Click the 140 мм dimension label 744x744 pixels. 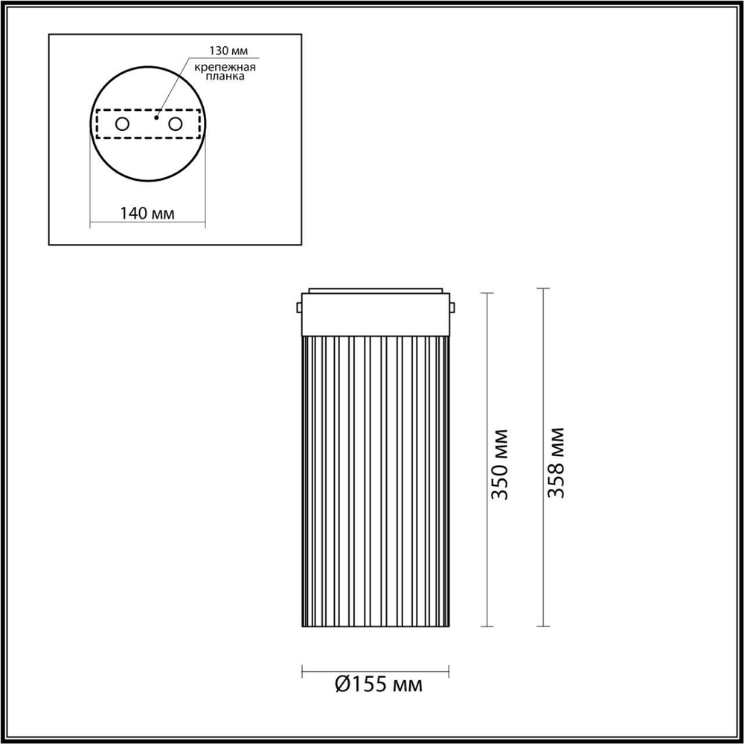click(147, 214)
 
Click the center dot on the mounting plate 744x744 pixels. click(155, 117)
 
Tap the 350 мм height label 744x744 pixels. click(501, 463)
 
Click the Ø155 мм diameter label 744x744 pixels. click(378, 684)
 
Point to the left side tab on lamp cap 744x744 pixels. click(298, 307)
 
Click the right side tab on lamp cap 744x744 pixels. click(453, 307)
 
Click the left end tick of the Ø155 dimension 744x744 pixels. click(302, 672)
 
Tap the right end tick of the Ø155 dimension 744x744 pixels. click(449, 672)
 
